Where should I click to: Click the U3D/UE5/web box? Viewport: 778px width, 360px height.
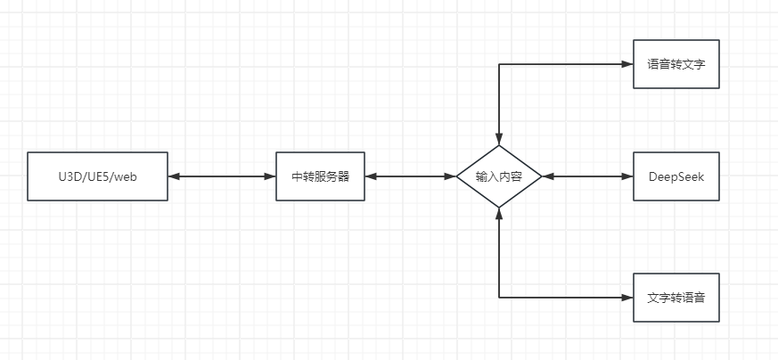[x=97, y=176]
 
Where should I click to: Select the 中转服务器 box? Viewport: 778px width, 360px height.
[x=320, y=176]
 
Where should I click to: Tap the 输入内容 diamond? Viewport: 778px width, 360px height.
[x=499, y=176]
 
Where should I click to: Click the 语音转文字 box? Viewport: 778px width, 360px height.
[x=676, y=64]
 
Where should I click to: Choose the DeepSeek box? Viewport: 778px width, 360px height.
[x=676, y=176]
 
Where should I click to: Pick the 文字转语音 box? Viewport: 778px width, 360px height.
[x=676, y=298]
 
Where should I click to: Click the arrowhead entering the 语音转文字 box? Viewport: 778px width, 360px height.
[x=626, y=64]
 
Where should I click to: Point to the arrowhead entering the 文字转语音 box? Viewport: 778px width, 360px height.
[x=626, y=298]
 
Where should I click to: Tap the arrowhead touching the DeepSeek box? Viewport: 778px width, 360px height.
[x=626, y=176]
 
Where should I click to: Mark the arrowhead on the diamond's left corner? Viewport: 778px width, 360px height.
[x=450, y=176]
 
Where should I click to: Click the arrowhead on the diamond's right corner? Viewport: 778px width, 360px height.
[x=548, y=176]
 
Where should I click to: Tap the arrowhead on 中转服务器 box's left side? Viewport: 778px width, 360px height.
[x=270, y=176]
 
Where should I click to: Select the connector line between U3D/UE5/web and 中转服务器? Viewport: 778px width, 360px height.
[x=222, y=176]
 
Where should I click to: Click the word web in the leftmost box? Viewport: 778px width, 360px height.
[x=125, y=176]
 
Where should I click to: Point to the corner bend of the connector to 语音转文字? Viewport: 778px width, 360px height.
[x=499, y=64]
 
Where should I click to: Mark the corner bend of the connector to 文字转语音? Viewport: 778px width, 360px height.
[x=499, y=298]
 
